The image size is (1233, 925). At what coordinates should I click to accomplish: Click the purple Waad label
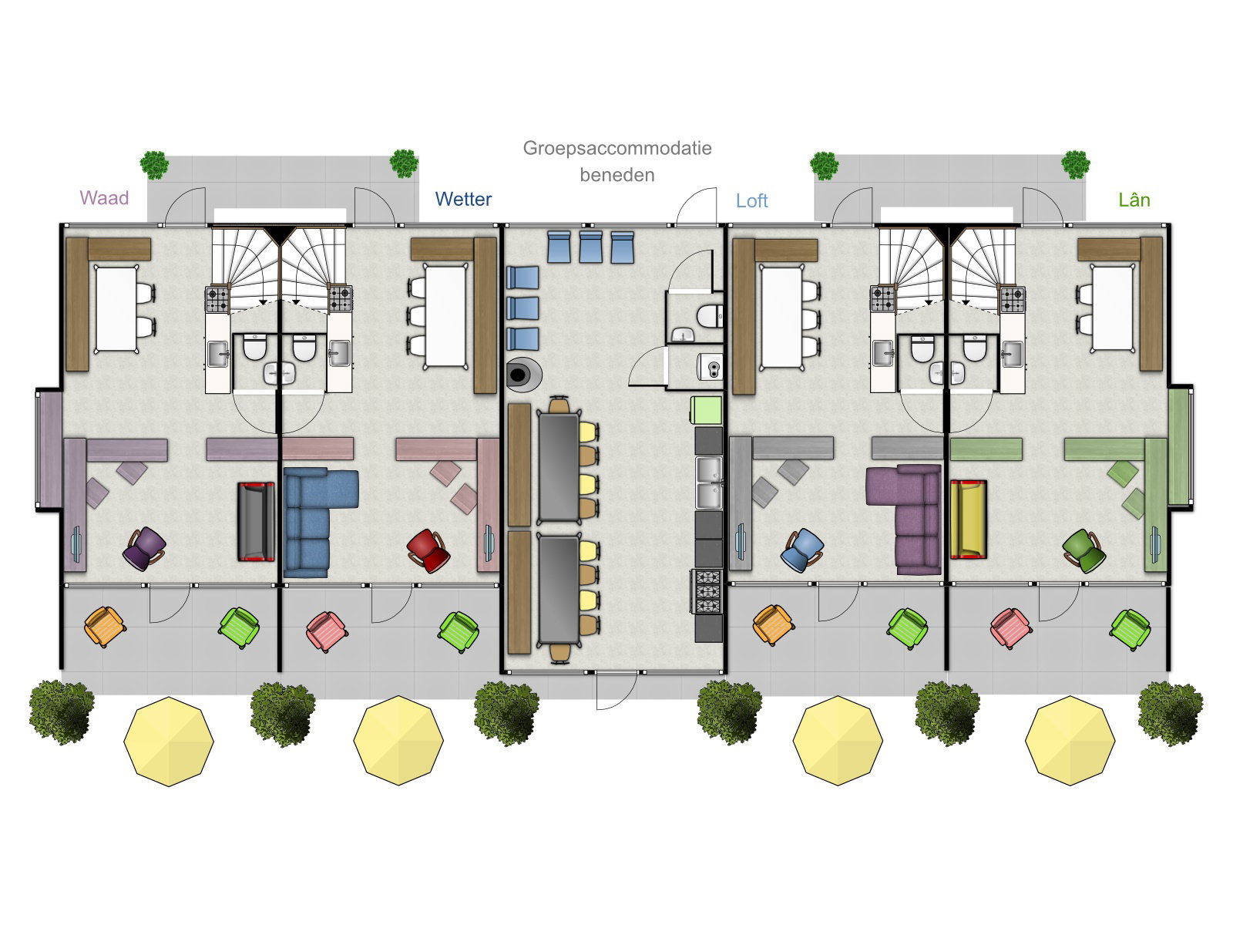104,197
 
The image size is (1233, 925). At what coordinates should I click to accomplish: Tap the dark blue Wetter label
463,199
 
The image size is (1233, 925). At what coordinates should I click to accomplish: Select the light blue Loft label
751,200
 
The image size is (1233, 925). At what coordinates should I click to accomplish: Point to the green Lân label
1134,199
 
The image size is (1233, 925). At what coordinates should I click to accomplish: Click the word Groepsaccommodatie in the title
617,148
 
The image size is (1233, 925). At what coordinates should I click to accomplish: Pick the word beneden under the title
617,175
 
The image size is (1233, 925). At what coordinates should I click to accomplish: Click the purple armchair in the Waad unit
144,549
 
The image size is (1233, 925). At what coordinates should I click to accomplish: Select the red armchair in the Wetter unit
428,550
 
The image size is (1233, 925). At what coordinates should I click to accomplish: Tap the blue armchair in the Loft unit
802,550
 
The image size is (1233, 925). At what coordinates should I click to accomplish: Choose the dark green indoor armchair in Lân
1084,550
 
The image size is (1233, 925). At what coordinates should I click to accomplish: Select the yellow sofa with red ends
969,520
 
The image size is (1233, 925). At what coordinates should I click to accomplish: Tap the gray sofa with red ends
256,522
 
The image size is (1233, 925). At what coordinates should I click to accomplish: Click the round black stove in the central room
523,374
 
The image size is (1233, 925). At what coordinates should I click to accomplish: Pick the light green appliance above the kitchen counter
706,410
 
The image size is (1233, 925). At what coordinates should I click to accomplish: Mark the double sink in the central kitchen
709,483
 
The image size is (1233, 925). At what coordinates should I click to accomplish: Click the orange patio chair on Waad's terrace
105,627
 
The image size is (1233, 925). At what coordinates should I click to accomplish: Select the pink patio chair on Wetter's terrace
327,632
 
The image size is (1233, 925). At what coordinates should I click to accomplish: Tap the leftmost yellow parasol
169,742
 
